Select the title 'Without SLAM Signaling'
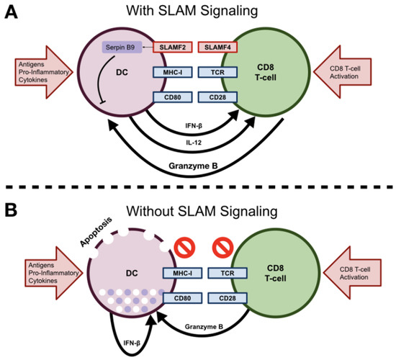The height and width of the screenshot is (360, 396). pos(197,213)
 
